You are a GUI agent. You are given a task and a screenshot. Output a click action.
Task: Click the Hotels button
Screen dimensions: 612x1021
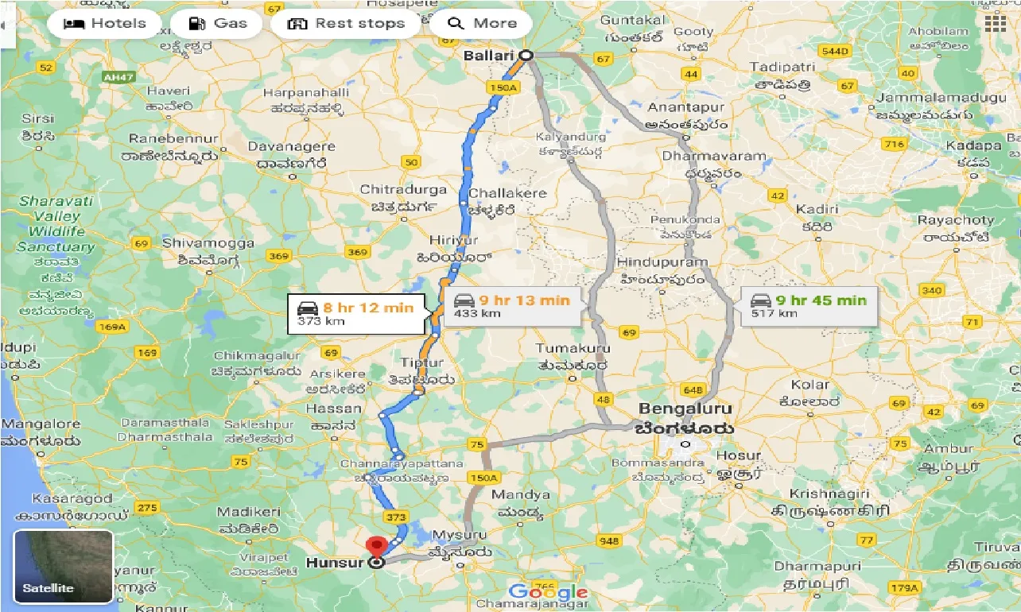[x=104, y=23]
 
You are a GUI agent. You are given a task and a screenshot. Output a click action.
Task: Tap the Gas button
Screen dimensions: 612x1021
[x=217, y=23]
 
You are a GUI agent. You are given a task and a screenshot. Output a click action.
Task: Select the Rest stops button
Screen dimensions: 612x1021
[x=346, y=23]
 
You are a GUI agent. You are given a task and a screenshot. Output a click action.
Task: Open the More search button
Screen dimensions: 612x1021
[x=481, y=23]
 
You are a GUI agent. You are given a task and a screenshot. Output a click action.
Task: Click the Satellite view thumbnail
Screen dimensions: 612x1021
[x=64, y=567]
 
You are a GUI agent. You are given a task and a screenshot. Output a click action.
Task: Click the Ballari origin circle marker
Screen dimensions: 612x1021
[x=526, y=55]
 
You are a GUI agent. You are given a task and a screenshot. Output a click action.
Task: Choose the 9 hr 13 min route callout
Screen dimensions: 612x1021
[x=513, y=307]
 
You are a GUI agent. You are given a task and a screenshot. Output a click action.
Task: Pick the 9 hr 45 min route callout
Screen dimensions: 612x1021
[x=810, y=307]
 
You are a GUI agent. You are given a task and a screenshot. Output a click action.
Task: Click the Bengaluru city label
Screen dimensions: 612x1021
[x=683, y=409]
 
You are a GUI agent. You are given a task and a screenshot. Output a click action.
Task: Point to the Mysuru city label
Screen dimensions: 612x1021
[x=464, y=535]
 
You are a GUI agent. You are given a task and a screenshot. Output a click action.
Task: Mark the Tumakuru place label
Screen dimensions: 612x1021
[x=572, y=349]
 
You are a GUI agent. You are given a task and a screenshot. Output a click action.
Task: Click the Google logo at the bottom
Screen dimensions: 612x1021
[x=548, y=592]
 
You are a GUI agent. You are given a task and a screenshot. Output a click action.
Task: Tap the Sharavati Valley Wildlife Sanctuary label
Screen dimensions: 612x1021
[x=56, y=224]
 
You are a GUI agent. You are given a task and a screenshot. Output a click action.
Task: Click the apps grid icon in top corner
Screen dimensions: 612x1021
[x=995, y=23]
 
